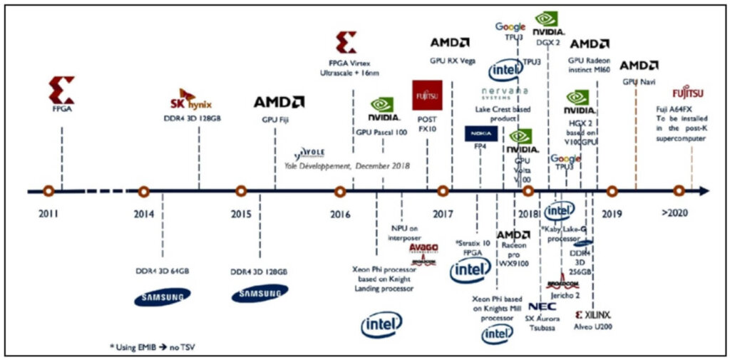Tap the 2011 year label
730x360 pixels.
48,213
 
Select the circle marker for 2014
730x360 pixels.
144,191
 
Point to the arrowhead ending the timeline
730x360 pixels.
704,191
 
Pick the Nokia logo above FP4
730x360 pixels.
480,134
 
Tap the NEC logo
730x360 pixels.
543,307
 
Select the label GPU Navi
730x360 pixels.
639,83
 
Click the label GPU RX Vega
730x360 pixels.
452,61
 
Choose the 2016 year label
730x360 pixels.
340,213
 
